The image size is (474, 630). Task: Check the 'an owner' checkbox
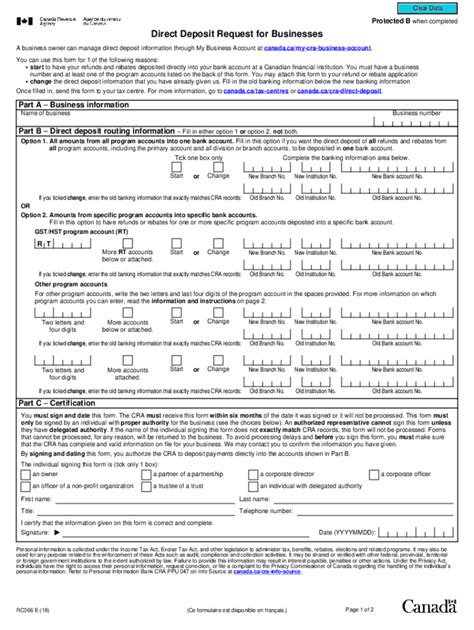(x=24, y=474)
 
